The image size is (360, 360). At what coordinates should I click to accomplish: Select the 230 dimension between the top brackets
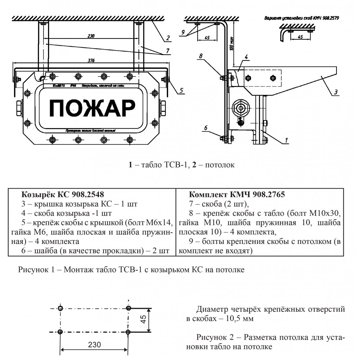(x=91, y=36)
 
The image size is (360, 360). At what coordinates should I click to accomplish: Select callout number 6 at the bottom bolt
(x=205, y=128)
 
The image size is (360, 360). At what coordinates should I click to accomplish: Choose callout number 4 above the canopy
(x=245, y=56)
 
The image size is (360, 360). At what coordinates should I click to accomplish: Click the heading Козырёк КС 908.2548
(x=63, y=194)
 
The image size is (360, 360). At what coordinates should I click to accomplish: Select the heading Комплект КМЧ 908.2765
(x=237, y=194)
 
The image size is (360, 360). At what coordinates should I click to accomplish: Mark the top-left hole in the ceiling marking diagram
(x=60, y=308)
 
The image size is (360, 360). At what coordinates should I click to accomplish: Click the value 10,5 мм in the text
(x=238, y=318)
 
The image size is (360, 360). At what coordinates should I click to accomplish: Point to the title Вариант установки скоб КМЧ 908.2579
(x=301, y=18)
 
